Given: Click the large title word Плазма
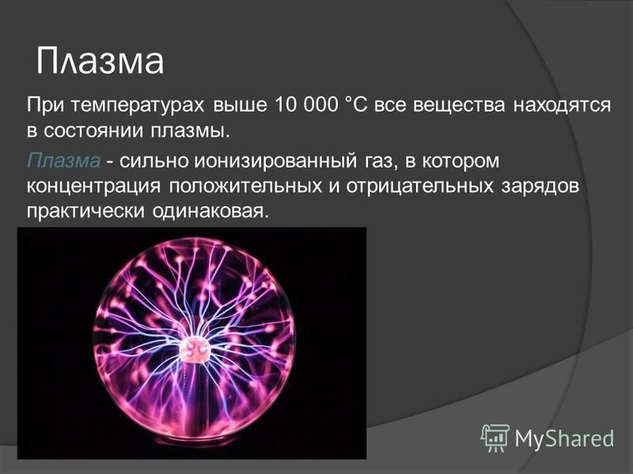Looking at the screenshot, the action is point(100,62).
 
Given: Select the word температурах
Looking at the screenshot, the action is point(138,106).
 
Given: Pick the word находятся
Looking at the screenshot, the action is point(563,106).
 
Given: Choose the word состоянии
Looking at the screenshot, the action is point(93,131).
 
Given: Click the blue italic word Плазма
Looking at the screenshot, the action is point(64,160).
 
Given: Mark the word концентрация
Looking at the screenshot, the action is point(93,187).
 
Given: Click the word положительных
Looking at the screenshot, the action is point(245,186).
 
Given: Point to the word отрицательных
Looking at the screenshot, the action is point(420,187).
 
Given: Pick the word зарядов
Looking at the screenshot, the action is point(540,187).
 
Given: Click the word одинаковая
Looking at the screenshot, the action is point(210,212).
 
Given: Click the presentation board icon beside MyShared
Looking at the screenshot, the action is point(495,438).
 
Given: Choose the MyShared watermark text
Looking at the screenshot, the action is point(564,438).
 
